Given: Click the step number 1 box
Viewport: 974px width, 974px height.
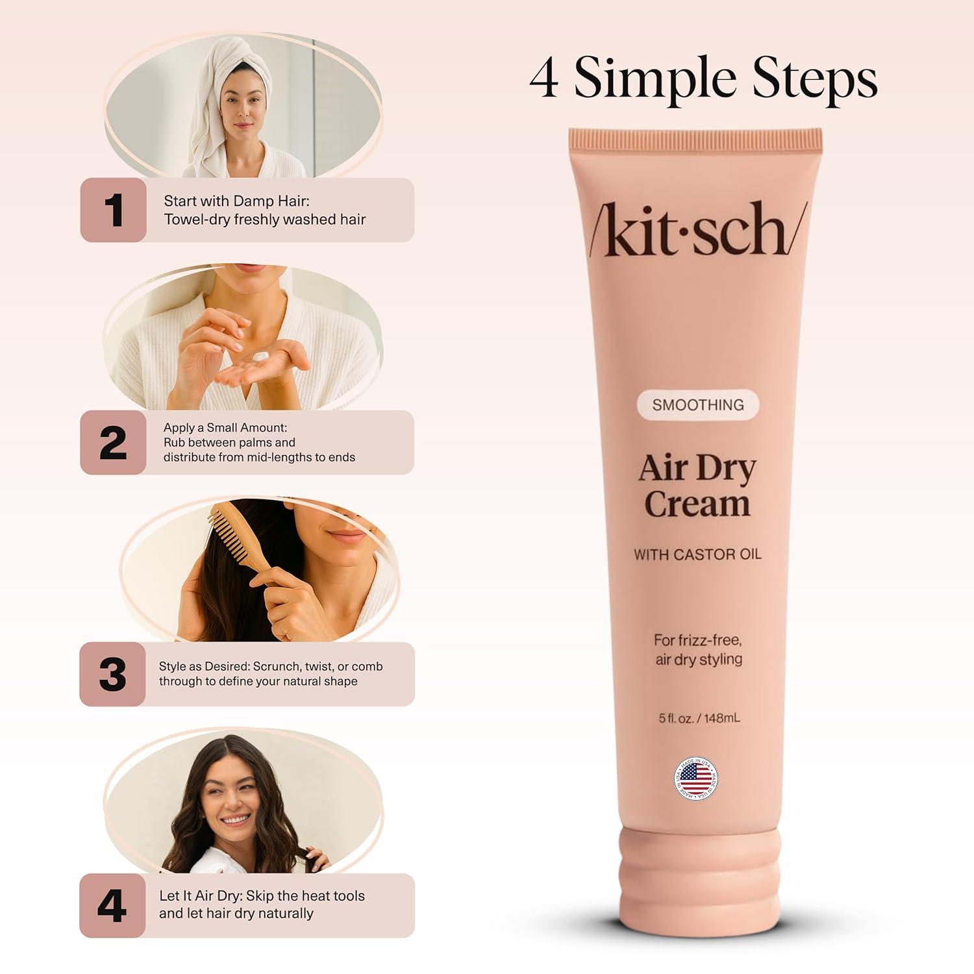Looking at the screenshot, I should coord(113,210).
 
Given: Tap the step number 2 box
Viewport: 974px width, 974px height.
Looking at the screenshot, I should coord(113,442).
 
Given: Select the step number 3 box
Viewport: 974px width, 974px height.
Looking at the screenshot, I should coord(112,674).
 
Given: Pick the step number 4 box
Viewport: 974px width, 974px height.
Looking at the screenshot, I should coord(112,905).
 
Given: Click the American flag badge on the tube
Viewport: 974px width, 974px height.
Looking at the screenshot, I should coord(696,778).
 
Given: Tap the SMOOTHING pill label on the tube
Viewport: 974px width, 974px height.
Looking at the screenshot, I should coord(697,405).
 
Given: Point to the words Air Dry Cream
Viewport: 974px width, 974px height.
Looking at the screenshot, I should coord(697,485).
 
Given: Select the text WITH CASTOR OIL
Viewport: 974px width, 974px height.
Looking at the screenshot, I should coord(697,555).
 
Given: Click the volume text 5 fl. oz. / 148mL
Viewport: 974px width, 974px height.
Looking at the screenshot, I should coord(699,718).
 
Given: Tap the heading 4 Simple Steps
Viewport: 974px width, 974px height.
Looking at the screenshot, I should coord(703,78).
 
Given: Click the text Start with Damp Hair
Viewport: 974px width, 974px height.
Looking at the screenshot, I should coord(236,201).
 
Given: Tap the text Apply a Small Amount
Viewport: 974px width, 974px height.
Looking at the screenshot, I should coord(225,428).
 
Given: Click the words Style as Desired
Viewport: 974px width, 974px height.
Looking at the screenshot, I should coord(204,666).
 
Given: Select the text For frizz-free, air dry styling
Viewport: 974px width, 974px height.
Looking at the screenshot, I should coord(698,649).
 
